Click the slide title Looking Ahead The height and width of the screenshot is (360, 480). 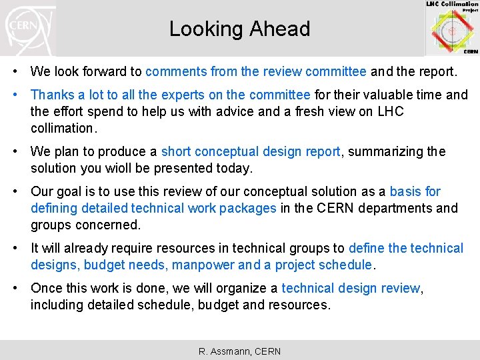239,29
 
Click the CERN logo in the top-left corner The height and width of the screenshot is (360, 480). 28,28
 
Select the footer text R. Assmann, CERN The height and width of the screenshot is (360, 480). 239,351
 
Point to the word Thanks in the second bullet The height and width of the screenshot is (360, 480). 51,95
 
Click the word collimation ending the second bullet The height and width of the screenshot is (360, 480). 63,128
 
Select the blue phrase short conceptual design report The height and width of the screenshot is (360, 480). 251,151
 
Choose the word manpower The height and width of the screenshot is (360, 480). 203,265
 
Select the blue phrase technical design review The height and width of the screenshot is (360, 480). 351,289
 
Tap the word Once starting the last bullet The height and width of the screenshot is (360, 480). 47,289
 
